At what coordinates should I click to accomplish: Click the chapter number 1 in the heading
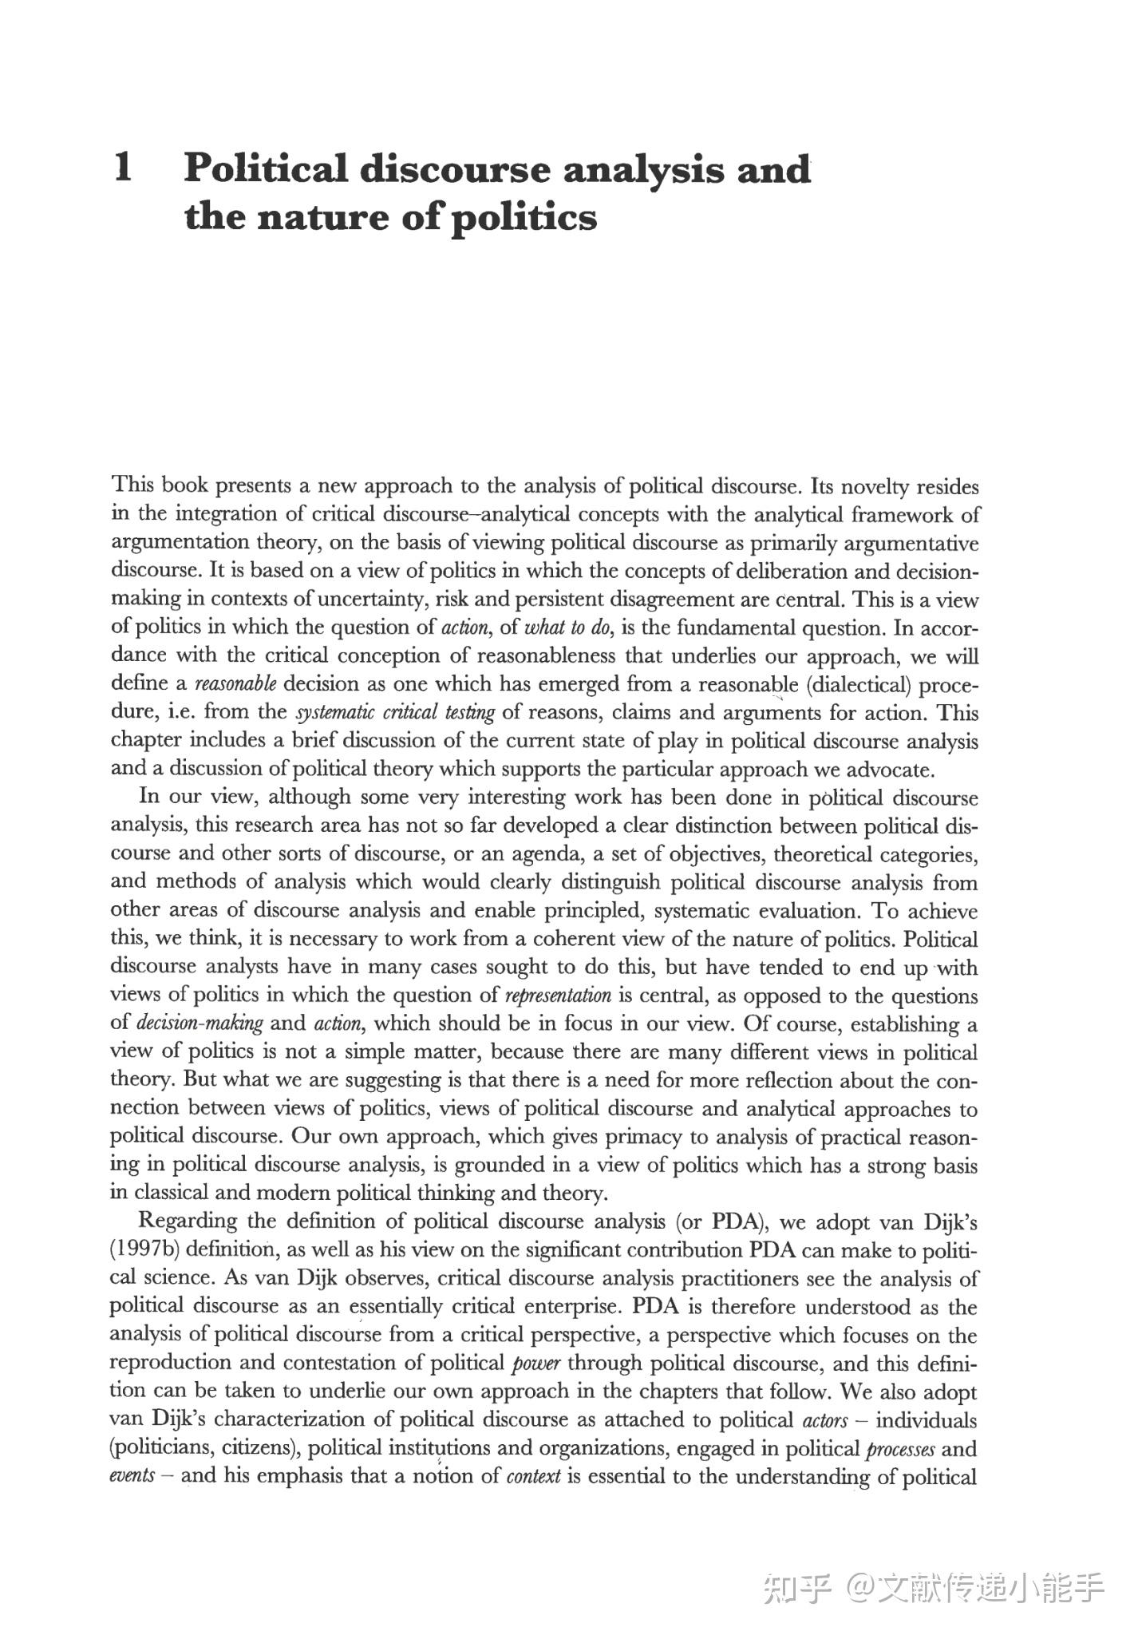point(124,168)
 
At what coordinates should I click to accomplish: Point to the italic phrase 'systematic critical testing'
point(395,712)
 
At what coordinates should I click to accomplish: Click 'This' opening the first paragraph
point(132,485)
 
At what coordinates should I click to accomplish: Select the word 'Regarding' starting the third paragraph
point(188,1221)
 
